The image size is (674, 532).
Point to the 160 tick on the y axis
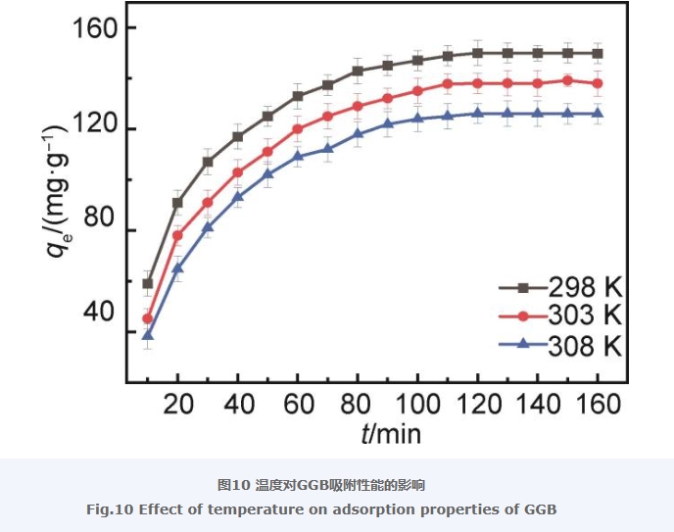click(96, 27)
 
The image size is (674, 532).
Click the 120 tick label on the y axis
click(96, 128)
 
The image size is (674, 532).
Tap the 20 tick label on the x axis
click(177, 404)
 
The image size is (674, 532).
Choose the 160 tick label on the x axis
click(597, 404)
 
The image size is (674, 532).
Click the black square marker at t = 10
click(148, 283)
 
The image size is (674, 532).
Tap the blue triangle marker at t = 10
click(148, 335)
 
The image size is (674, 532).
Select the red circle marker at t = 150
click(567, 80)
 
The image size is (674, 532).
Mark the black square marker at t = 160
click(598, 53)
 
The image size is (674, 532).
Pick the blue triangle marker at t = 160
click(598, 114)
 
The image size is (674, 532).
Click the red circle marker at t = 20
click(177, 235)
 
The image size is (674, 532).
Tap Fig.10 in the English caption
click(108, 509)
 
